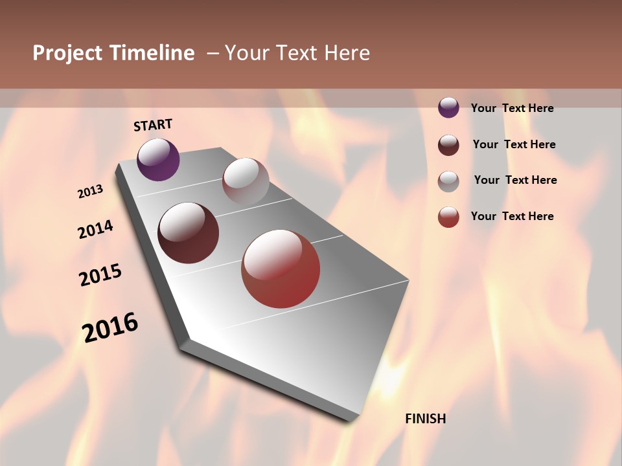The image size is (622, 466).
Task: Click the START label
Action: [153, 125]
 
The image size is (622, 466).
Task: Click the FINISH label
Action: [425, 419]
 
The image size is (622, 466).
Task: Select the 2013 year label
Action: [91, 192]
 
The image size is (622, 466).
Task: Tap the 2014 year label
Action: [96, 230]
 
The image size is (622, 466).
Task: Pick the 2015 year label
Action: [100, 275]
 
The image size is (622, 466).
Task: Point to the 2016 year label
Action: [110, 327]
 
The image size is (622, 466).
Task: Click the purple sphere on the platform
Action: [158, 159]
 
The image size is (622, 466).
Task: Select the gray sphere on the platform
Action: [246, 181]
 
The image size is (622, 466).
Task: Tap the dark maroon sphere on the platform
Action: [189, 233]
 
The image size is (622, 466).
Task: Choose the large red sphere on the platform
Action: [281, 269]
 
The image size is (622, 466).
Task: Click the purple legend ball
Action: [448, 107]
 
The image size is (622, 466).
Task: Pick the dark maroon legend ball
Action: [448, 144]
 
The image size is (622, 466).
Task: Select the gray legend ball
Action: [448, 181]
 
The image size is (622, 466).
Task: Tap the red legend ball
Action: [448, 217]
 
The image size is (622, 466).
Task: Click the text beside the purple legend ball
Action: [512, 108]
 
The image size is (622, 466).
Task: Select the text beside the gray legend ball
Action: [515, 180]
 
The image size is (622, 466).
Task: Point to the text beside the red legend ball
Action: [512, 216]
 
